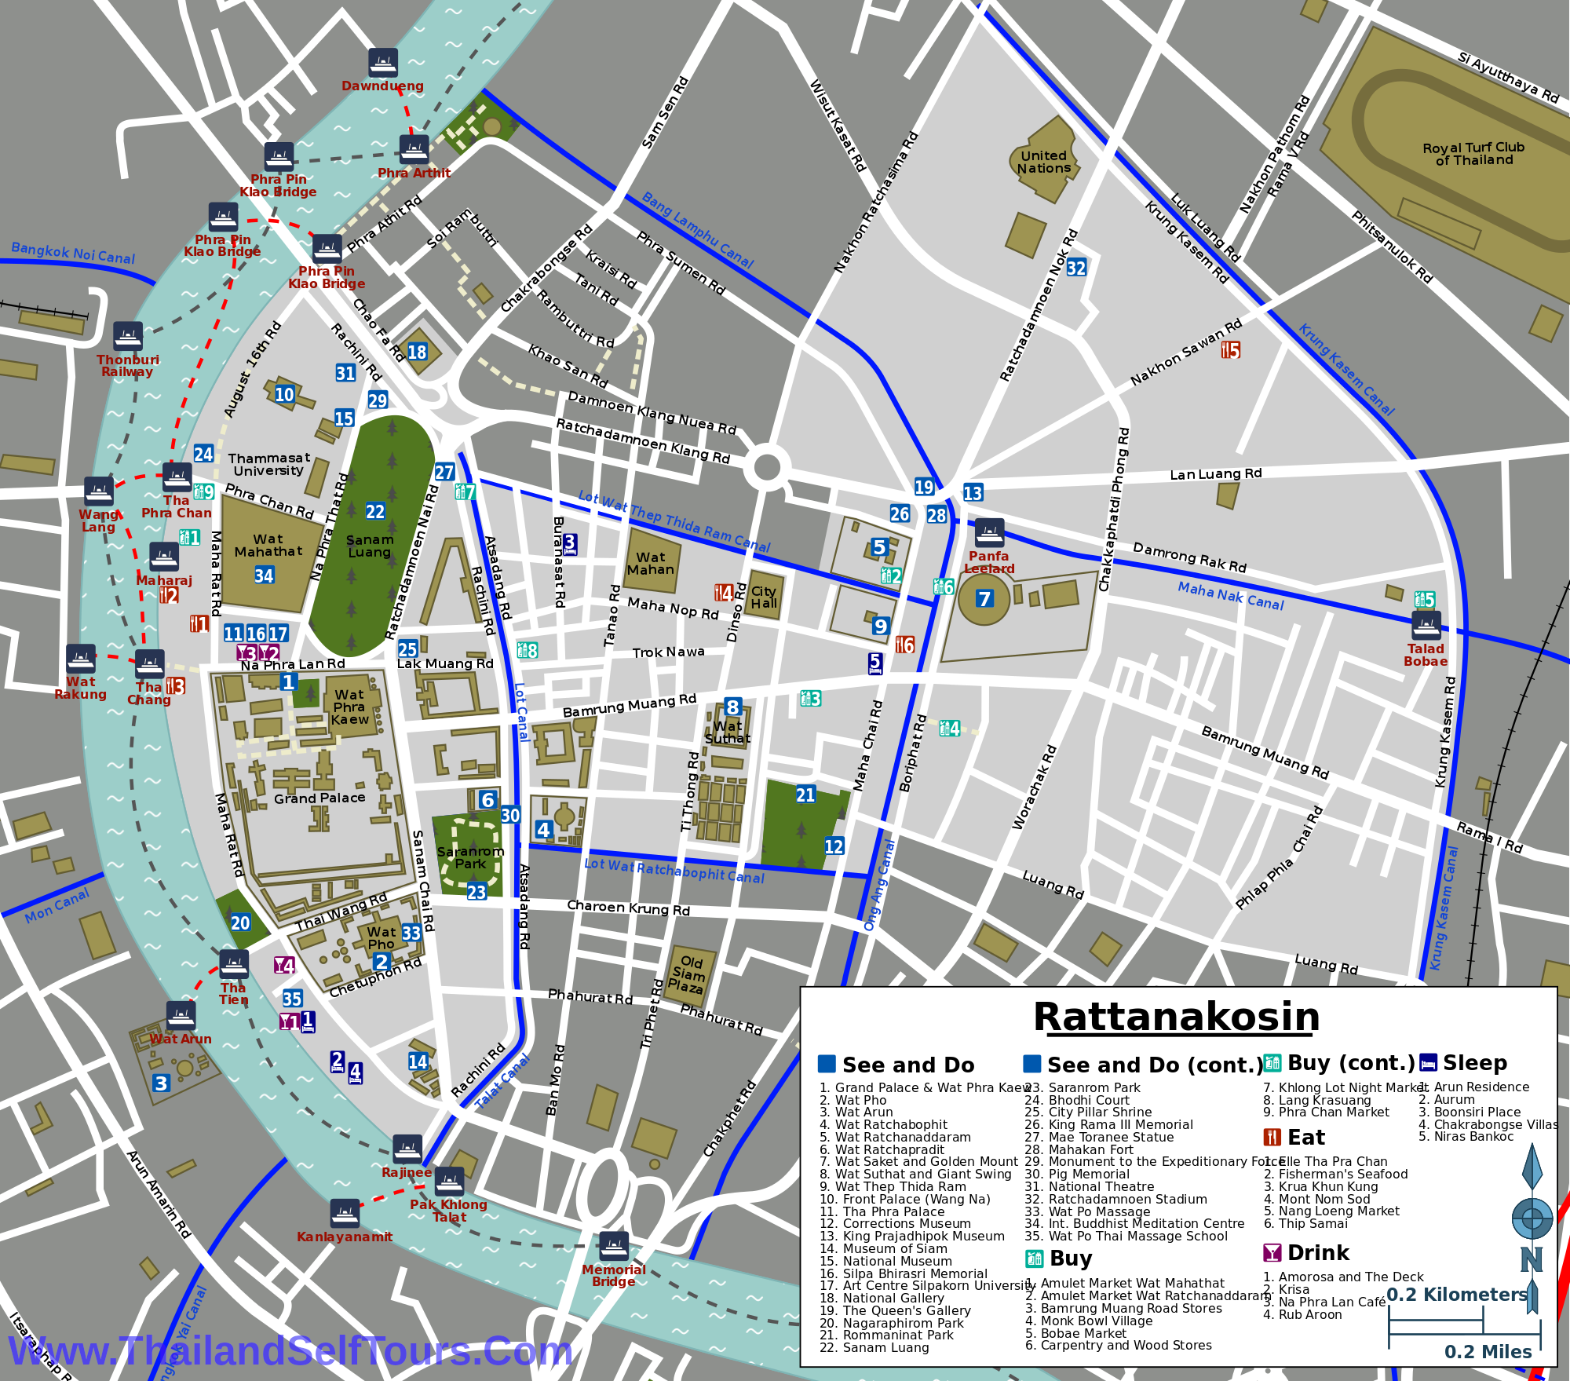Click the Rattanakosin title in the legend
[1176, 1017]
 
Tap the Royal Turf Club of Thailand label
[1473, 154]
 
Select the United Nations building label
[1043, 163]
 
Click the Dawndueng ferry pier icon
[383, 63]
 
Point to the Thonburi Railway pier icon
[128, 336]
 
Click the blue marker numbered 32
[1076, 268]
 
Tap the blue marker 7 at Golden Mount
[984, 599]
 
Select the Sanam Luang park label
[370, 546]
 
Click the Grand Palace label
[319, 798]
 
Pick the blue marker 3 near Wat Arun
[161, 1083]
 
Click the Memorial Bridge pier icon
[614, 1246]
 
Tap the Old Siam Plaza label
[688, 974]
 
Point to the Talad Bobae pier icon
[1426, 626]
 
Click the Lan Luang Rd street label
[1215, 474]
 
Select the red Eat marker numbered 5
[1230, 350]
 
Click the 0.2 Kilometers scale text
[1457, 1295]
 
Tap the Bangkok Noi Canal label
[73, 254]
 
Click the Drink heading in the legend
[1317, 1252]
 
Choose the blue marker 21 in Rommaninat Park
[805, 795]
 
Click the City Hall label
[764, 597]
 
